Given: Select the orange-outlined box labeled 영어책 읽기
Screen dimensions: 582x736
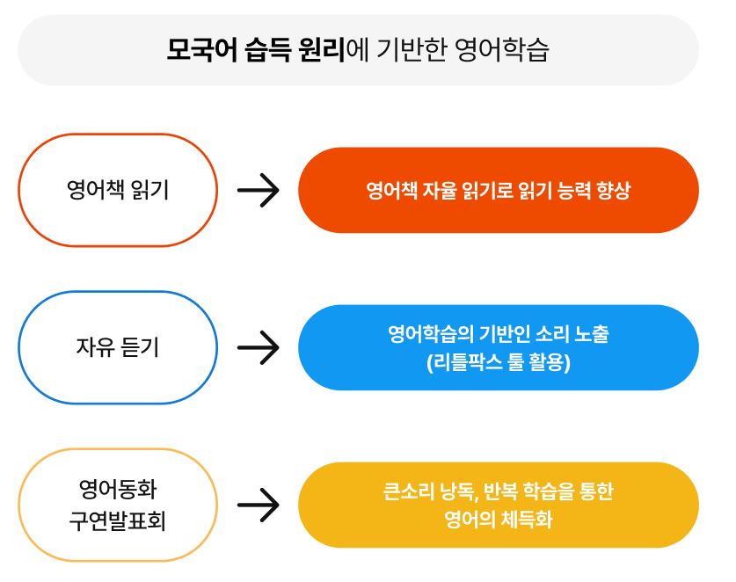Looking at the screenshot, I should pos(117,190).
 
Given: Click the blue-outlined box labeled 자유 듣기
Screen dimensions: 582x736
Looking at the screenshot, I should pos(117,347).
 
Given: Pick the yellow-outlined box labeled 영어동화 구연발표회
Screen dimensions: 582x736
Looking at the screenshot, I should pos(117,505).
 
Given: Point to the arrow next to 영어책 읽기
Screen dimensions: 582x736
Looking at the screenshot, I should pos(258,190).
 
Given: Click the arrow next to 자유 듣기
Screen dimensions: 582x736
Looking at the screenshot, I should pos(258,347).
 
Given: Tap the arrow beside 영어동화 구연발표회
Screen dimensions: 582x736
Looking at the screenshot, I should pos(258,505).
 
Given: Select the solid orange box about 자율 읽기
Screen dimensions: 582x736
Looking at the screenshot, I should pos(498,190).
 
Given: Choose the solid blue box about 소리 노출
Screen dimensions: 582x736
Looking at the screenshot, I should pos(498,347).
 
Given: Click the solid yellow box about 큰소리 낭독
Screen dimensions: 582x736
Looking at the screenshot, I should pos(498,505).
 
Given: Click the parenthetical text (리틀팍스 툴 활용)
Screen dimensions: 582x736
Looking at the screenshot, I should pos(498,361).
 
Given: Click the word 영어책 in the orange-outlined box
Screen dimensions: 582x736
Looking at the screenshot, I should pos(91,190).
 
